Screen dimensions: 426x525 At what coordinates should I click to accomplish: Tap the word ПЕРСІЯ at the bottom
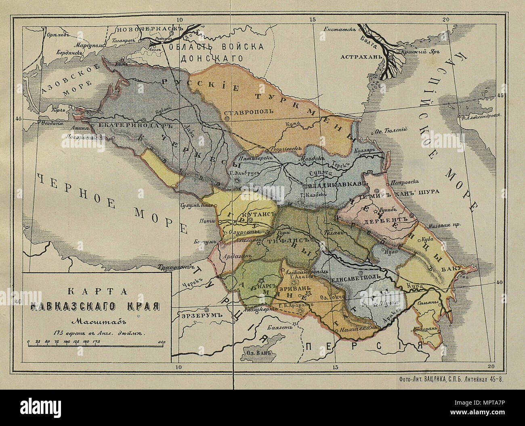point(363,346)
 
